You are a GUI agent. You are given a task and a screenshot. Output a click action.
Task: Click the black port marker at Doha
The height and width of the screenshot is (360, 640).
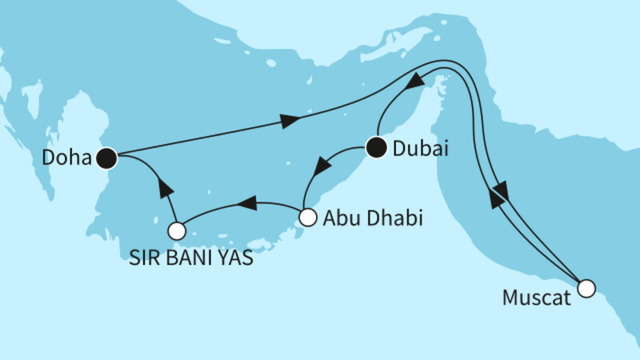click(x=106, y=158)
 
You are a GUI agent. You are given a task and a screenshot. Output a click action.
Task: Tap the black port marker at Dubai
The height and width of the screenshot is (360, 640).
click(x=376, y=147)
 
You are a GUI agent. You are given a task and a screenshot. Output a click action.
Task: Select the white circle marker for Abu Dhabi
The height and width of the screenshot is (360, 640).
click(x=307, y=216)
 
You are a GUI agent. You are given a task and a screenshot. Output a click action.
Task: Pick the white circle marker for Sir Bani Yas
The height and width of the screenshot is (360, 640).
click(x=177, y=231)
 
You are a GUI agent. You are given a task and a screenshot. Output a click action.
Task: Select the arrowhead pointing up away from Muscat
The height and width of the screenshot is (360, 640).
click(x=495, y=201)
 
